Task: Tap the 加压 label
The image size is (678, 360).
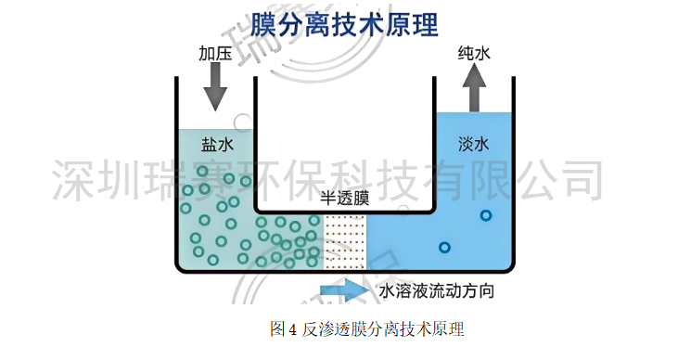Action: (x=214, y=53)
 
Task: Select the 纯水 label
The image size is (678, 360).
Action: (x=474, y=53)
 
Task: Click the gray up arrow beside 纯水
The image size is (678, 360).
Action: (x=474, y=90)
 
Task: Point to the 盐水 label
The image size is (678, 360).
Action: (x=215, y=145)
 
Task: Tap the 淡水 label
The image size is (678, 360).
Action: (x=473, y=145)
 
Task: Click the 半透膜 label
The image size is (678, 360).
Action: (x=345, y=198)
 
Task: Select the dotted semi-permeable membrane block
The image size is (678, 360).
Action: (x=345, y=240)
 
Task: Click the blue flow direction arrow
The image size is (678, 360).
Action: (x=344, y=291)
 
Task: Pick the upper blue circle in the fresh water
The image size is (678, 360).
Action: (x=485, y=216)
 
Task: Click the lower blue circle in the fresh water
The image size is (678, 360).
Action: (x=444, y=248)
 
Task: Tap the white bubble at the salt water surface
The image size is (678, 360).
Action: (x=240, y=121)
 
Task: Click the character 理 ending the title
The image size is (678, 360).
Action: (x=421, y=23)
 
